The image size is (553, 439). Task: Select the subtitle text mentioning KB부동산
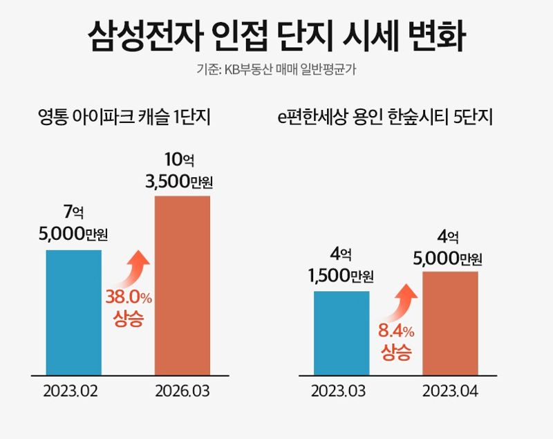point(276,70)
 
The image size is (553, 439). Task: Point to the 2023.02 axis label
point(71,392)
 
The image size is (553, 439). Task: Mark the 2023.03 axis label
point(339,392)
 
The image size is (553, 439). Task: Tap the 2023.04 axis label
point(450,392)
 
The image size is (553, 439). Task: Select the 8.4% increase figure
point(396,330)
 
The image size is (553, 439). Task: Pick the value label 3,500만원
point(180,183)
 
